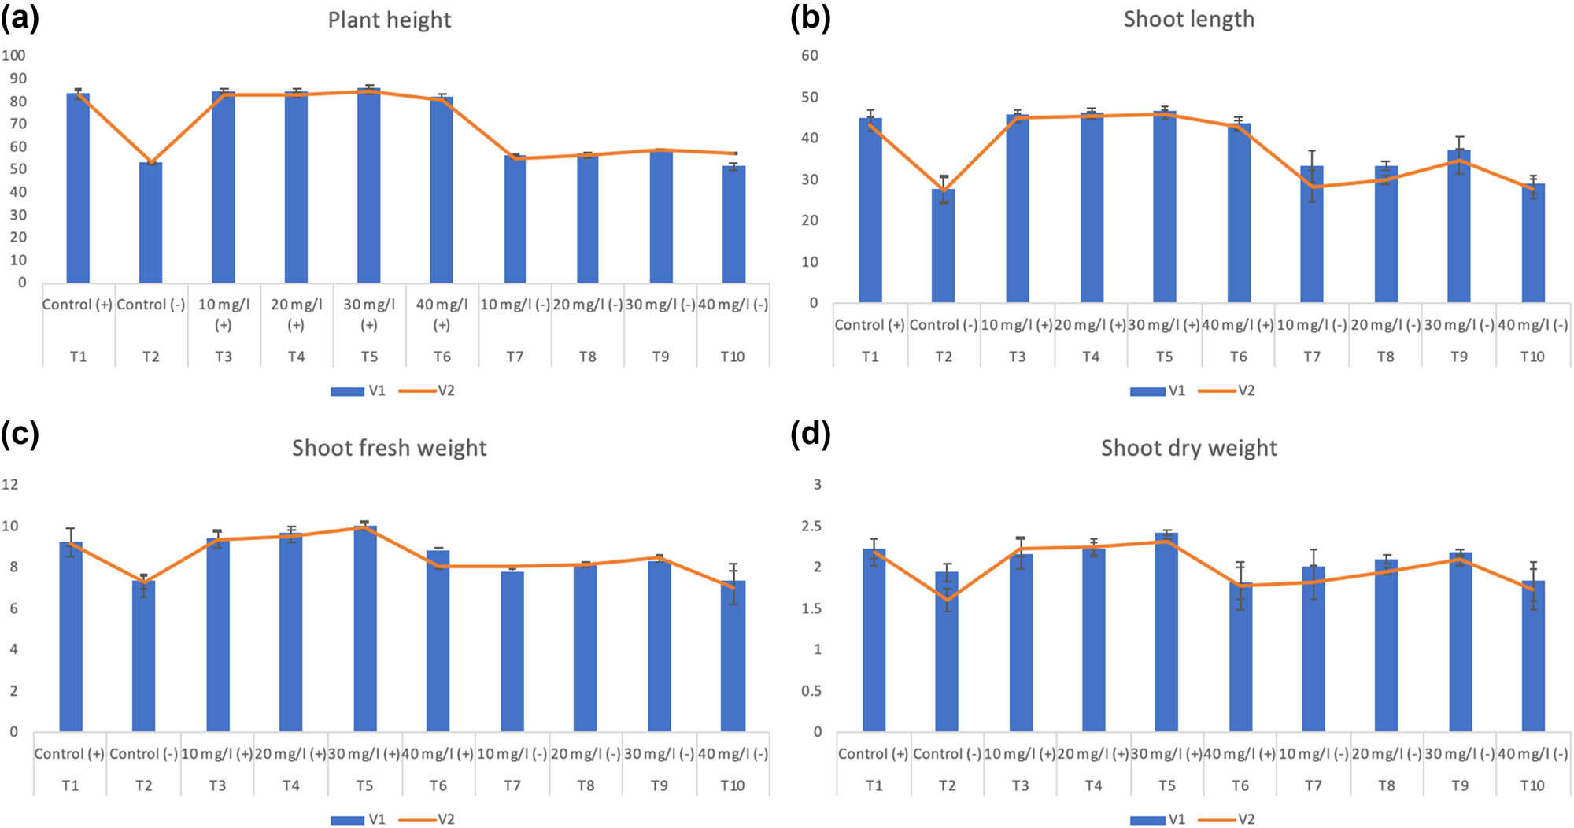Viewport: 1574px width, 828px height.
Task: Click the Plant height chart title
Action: tap(390, 20)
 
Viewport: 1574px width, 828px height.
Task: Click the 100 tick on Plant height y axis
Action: tap(13, 56)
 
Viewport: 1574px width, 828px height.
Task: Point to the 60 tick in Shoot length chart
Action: tap(809, 56)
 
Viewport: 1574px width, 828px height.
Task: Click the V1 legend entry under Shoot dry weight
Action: tap(1157, 819)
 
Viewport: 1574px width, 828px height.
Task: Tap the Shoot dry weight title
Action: tap(1188, 448)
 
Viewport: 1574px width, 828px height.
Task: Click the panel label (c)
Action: tap(20, 434)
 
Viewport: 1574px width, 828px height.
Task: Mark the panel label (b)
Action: tap(810, 18)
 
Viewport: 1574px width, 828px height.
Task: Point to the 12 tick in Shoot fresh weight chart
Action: tap(9, 484)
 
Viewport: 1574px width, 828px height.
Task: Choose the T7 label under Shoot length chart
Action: tap(1312, 357)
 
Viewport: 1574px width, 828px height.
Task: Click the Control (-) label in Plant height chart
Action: tap(150, 305)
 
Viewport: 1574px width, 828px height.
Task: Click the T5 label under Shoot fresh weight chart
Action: tap(364, 785)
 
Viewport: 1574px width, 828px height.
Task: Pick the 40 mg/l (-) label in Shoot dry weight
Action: tap(1532, 754)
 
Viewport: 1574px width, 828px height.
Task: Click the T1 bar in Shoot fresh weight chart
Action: tap(71, 638)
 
